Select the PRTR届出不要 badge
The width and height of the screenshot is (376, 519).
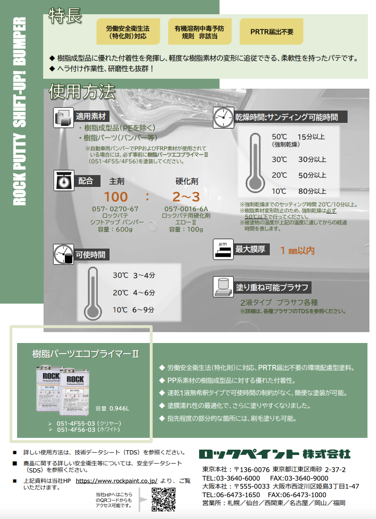pos(272,32)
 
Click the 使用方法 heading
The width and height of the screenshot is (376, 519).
pos(82,91)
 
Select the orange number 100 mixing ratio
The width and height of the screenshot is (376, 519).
pos(116,196)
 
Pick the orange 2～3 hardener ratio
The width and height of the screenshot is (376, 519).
pos(186,196)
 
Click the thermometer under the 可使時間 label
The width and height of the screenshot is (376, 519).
pos(92,293)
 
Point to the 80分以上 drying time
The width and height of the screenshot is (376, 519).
pos(312,192)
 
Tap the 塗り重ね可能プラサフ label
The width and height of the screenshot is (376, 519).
pos(272,287)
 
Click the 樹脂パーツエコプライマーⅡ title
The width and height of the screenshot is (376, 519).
pos(85,353)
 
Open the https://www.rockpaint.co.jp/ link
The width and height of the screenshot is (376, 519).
pos(116,481)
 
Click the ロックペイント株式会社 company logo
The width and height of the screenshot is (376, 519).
pos(275,454)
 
